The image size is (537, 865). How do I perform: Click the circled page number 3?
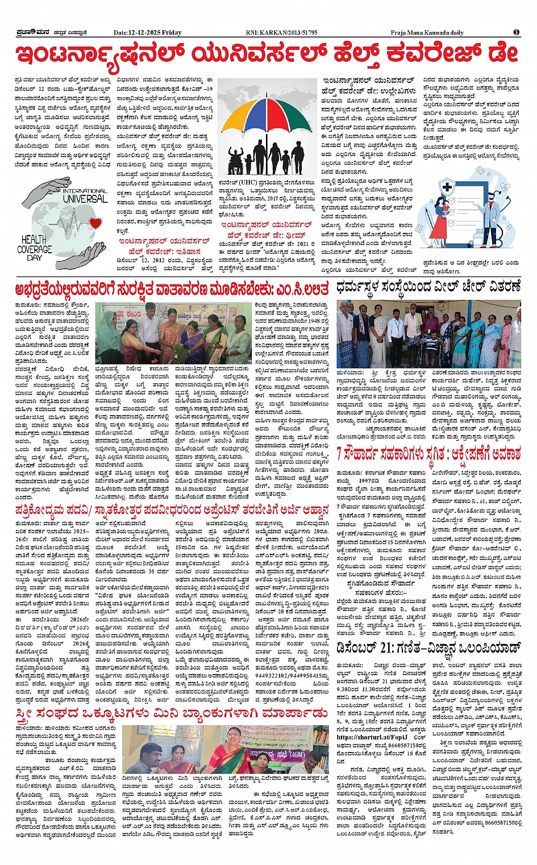point(516,32)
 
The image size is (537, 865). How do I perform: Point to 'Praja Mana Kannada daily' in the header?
point(427,33)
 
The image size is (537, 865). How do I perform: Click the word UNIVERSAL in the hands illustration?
point(85,199)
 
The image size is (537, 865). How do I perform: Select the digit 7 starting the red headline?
point(339,454)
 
